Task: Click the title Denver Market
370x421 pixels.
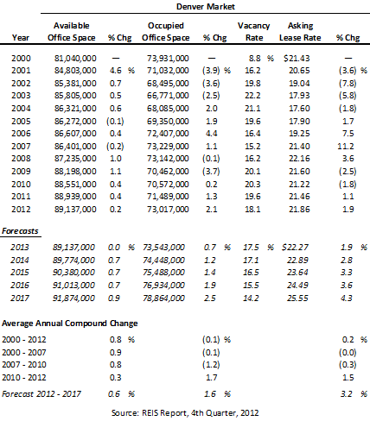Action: pos(206,7)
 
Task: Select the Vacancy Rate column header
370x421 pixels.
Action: pos(254,32)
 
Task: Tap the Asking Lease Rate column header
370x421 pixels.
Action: pos(300,32)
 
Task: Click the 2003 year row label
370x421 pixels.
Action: pos(21,96)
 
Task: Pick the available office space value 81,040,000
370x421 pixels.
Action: pos(75,59)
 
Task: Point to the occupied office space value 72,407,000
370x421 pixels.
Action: pos(168,134)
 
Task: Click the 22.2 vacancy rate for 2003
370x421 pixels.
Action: pos(252,96)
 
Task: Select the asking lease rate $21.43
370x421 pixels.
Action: pos(297,59)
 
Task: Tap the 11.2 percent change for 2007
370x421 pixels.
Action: pos(346,147)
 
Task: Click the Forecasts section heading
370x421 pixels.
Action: pos(20,231)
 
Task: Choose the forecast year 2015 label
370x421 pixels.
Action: pos(20,273)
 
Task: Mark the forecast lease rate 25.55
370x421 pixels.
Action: pos(297,298)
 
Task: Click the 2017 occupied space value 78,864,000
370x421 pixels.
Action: pos(163,298)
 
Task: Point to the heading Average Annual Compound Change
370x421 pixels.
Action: pos(70,324)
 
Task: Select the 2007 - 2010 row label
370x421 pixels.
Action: pos(24,365)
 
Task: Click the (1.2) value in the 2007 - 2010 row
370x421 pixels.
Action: pos(211,365)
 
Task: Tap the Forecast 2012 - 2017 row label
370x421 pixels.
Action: pos(41,393)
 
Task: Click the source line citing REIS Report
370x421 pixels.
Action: pos(185,413)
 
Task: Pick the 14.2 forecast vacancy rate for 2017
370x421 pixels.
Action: pos(251,298)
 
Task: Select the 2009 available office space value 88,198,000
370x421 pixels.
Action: pos(75,172)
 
